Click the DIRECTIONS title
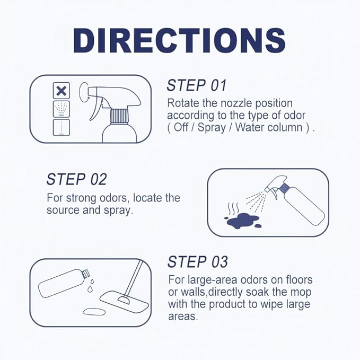click(x=180, y=41)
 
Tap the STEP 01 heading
click(x=197, y=85)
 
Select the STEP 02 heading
click(x=77, y=179)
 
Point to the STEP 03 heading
click(x=198, y=262)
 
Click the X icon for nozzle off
click(x=62, y=91)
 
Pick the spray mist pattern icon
click(x=62, y=109)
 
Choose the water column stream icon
click(x=62, y=127)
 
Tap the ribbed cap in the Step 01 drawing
click(x=119, y=117)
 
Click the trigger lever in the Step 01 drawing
click(x=95, y=110)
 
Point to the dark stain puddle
click(x=242, y=221)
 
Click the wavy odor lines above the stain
click(x=233, y=208)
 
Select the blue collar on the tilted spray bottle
click(x=284, y=188)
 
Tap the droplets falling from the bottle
click(x=91, y=285)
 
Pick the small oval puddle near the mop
click(x=94, y=312)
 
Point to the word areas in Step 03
click(x=183, y=317)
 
